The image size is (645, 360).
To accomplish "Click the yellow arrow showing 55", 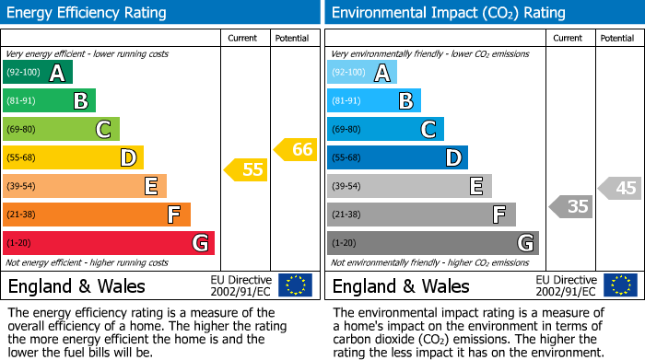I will pos(245,169).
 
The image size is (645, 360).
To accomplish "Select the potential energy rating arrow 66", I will pos(296,149).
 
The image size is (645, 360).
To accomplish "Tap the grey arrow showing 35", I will pos(570,206).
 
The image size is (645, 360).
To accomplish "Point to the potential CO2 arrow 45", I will pos(620,188).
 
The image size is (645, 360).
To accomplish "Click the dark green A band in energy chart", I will pos(37,73).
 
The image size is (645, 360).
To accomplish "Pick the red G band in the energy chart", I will pos(108,243).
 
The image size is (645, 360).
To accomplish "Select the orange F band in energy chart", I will pos(96,215).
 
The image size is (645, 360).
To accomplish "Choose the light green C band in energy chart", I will pos(61,130).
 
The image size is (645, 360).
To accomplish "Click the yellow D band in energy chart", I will pos(73,157).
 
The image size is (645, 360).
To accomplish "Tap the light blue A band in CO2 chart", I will pos(362,73).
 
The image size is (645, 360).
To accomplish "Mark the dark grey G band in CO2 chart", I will pos(432,243).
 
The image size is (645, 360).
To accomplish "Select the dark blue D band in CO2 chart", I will pos(397,157).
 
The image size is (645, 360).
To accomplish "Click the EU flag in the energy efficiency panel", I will pos(295,285).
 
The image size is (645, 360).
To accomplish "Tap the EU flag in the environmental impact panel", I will pos(619,285).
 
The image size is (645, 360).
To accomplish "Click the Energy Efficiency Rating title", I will pos(87,13).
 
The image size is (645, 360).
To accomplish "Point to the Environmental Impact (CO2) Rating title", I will pos(448,13).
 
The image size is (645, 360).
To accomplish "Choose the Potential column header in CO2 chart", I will pos(616,38).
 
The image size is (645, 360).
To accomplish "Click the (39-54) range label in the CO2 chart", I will pos(347,187).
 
